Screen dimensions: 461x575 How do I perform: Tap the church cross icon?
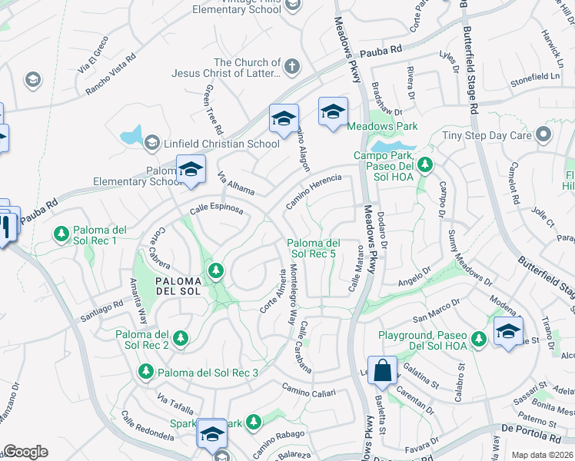[291, 66]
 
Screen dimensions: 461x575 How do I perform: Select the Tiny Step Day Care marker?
[543, 135]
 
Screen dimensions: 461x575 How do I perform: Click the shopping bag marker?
[382, 371]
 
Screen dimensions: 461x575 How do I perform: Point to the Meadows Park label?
[382, 125]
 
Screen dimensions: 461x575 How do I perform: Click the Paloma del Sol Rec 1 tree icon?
[61, 233]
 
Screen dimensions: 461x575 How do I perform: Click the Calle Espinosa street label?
[216, 208]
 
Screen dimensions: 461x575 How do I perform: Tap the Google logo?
[25, 452]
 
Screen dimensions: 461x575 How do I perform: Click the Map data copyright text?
[543, 455]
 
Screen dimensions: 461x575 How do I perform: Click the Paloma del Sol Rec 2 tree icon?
[181, 338]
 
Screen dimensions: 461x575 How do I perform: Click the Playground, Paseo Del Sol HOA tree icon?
[479, 338]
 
